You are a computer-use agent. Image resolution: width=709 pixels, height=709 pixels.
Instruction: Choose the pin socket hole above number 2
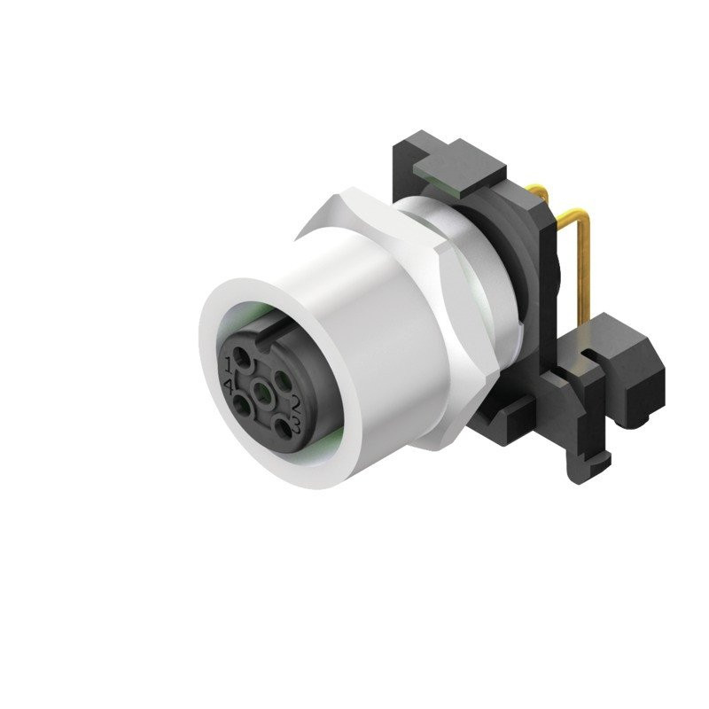(284, 380)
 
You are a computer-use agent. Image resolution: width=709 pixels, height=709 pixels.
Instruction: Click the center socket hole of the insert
(261, 393)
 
